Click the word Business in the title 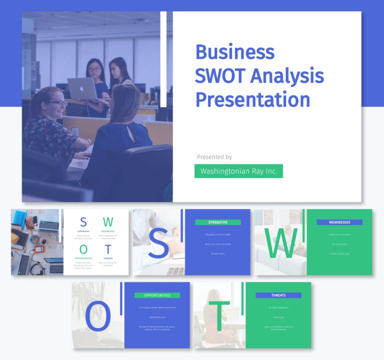234,52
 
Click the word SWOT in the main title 218,76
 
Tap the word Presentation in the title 252,99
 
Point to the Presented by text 214,157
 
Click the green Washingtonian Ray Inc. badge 238,171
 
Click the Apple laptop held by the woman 82,88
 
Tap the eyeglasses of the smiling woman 57,103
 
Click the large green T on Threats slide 219,316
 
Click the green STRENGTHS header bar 217,222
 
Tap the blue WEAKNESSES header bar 339,222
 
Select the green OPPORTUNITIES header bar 157,295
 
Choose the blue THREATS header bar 278,295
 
